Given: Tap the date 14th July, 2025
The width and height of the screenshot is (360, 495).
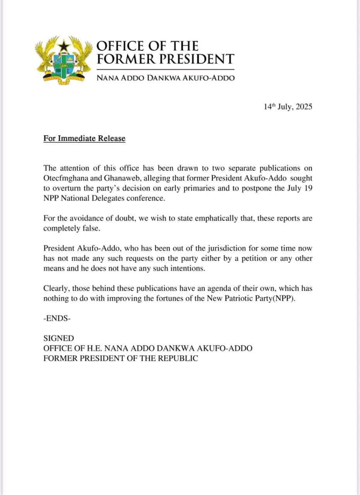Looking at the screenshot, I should pos(288,107).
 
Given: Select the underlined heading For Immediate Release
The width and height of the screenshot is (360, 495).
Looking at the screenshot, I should pos(84,138).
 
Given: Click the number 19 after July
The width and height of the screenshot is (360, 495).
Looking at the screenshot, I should pos(307,188).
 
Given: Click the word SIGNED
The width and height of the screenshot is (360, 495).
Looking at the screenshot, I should pos(58,338).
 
